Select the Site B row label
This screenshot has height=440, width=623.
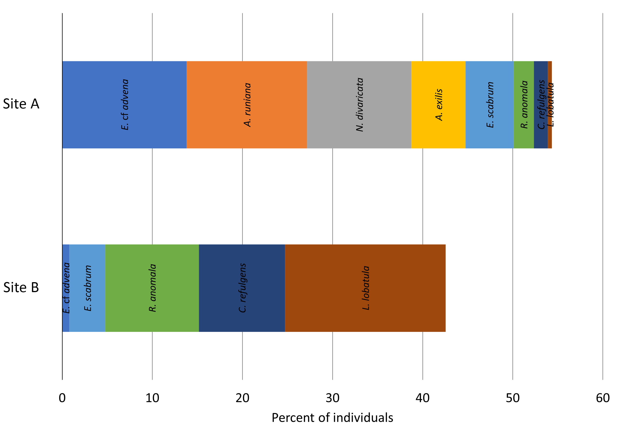tap(21, 288)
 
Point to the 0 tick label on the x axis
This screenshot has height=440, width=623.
tap(62, 398)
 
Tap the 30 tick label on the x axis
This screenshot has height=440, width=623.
tap(332, 398)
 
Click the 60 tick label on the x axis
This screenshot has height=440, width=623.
tap(603, 398)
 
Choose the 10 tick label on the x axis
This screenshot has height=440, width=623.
tap(152, 398)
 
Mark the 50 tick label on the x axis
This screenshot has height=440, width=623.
tap(513, 398)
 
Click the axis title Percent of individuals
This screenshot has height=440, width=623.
tap(332, 418)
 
